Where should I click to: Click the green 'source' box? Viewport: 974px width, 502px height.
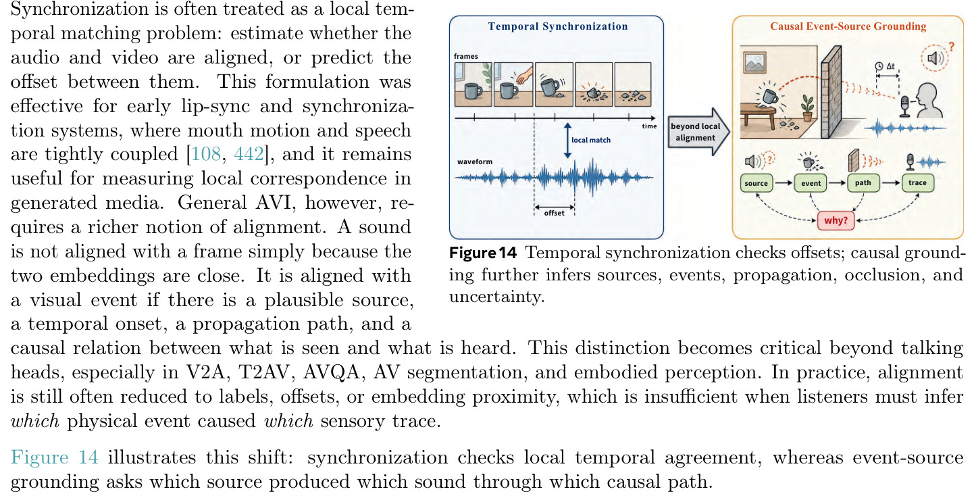[756, 183]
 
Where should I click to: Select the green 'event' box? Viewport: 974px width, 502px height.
[811, 183]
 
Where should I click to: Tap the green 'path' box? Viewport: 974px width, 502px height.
[863, 182]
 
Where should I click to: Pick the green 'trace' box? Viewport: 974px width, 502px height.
[917, 182]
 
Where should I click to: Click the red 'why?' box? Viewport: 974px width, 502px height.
[836, 220]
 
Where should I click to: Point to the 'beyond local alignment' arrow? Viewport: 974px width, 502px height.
[698, 132]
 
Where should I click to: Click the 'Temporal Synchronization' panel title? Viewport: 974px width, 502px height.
[558, 26]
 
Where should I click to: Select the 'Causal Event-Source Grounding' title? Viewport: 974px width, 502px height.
[848, 26]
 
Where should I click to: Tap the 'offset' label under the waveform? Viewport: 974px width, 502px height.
[555, 213]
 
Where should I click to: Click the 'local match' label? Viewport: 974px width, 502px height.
[591, 140]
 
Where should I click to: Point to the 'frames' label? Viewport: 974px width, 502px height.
[465, 57]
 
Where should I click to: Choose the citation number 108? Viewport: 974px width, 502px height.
[206, 155]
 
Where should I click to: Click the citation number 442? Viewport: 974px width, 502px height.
[249, 155]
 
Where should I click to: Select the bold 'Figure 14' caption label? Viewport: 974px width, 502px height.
[483, 253]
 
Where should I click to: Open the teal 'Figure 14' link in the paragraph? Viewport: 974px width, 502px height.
[54, 457]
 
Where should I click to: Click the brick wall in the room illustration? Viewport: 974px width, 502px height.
[831, 93]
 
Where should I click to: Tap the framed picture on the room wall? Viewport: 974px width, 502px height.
[755, 62]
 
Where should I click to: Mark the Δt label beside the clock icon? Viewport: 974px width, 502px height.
[890, 66]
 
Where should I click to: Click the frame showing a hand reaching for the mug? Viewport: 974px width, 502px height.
[513, 84]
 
